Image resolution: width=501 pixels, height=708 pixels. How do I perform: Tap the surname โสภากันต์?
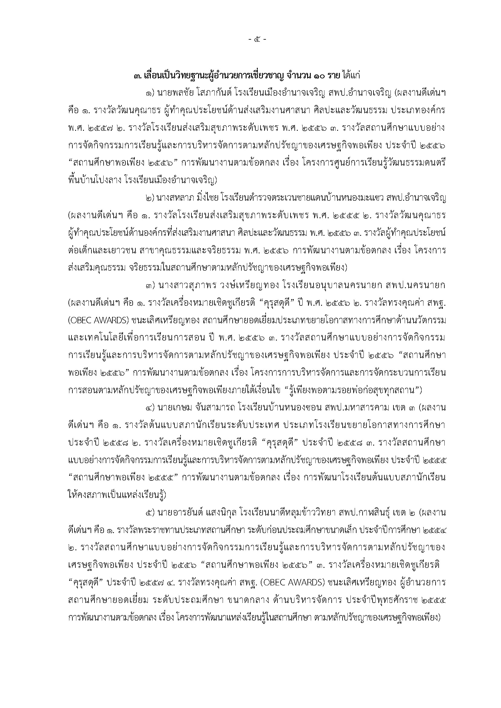click(x=210, y=93)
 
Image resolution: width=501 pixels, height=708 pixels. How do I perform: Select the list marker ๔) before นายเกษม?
click(x=150, y=408)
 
